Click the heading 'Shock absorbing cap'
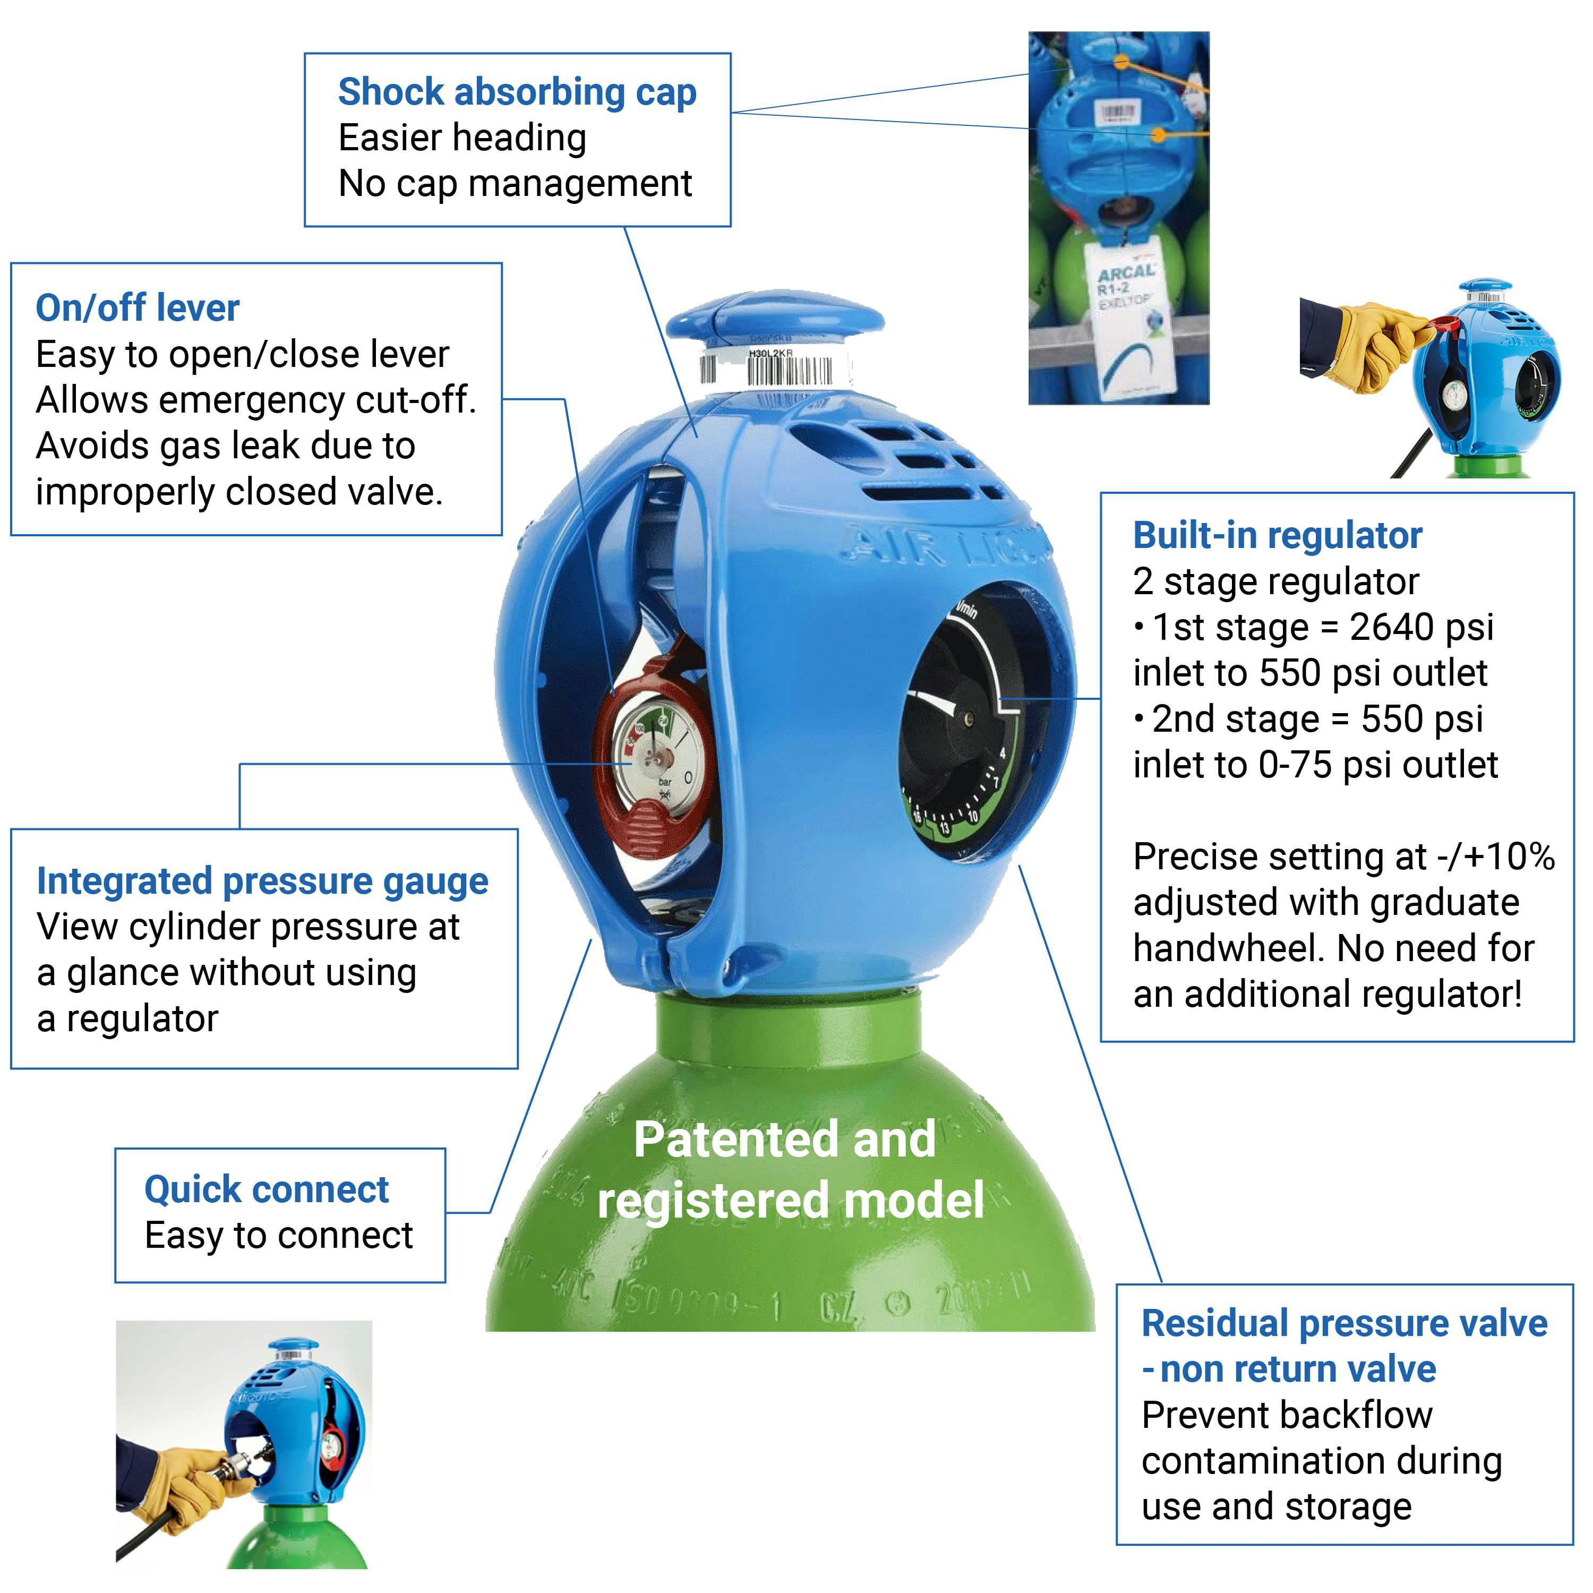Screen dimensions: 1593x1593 click(517, 91)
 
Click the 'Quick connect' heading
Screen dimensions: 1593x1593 click(267, 1189)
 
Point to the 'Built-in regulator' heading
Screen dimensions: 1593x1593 click(1277, 535)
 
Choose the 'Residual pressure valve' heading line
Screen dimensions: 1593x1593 click(1344, 1323)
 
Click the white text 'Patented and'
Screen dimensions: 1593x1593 click(784, 1141)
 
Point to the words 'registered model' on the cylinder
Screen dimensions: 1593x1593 click(790, 1201)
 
